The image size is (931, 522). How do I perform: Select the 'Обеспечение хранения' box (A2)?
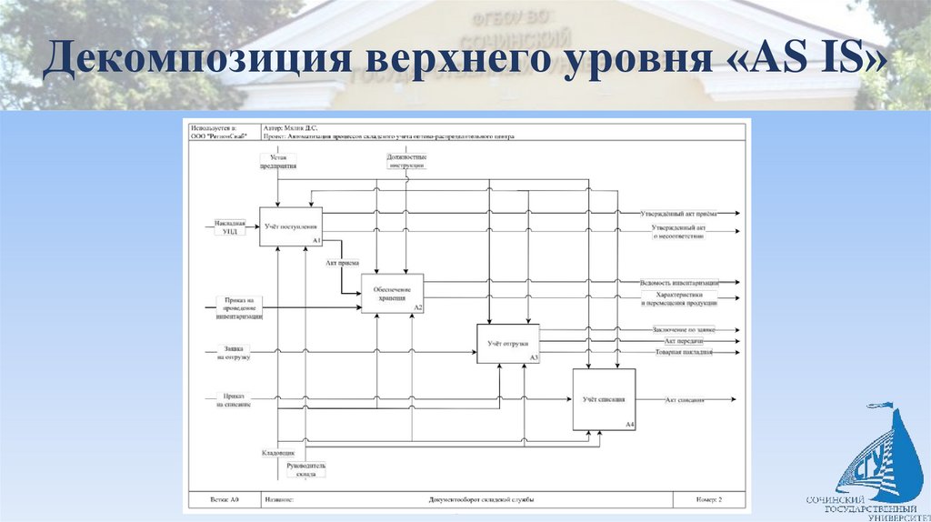[392, 294]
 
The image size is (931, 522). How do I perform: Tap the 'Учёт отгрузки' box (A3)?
[507, 344]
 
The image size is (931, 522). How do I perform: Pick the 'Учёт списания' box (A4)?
[604, 399]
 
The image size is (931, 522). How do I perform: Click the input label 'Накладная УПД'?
[230, 226]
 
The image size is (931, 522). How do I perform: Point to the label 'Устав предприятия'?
[277, 162]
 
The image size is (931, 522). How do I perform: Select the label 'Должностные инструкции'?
[405, 162]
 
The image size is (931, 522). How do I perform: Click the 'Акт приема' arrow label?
[341, 265]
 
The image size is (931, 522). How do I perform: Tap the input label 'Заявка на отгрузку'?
[234, 353]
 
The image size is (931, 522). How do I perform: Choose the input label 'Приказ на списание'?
[234, 400]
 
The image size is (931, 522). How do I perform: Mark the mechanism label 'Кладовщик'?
[277, 452]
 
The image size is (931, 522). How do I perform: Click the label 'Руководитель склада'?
[305, 469]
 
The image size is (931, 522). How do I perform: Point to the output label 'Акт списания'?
[685, 400]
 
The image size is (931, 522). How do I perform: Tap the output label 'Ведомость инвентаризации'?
[679, 283]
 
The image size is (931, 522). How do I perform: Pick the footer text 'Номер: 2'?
[708, 499]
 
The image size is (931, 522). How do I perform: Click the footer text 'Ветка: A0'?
[224, 499]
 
